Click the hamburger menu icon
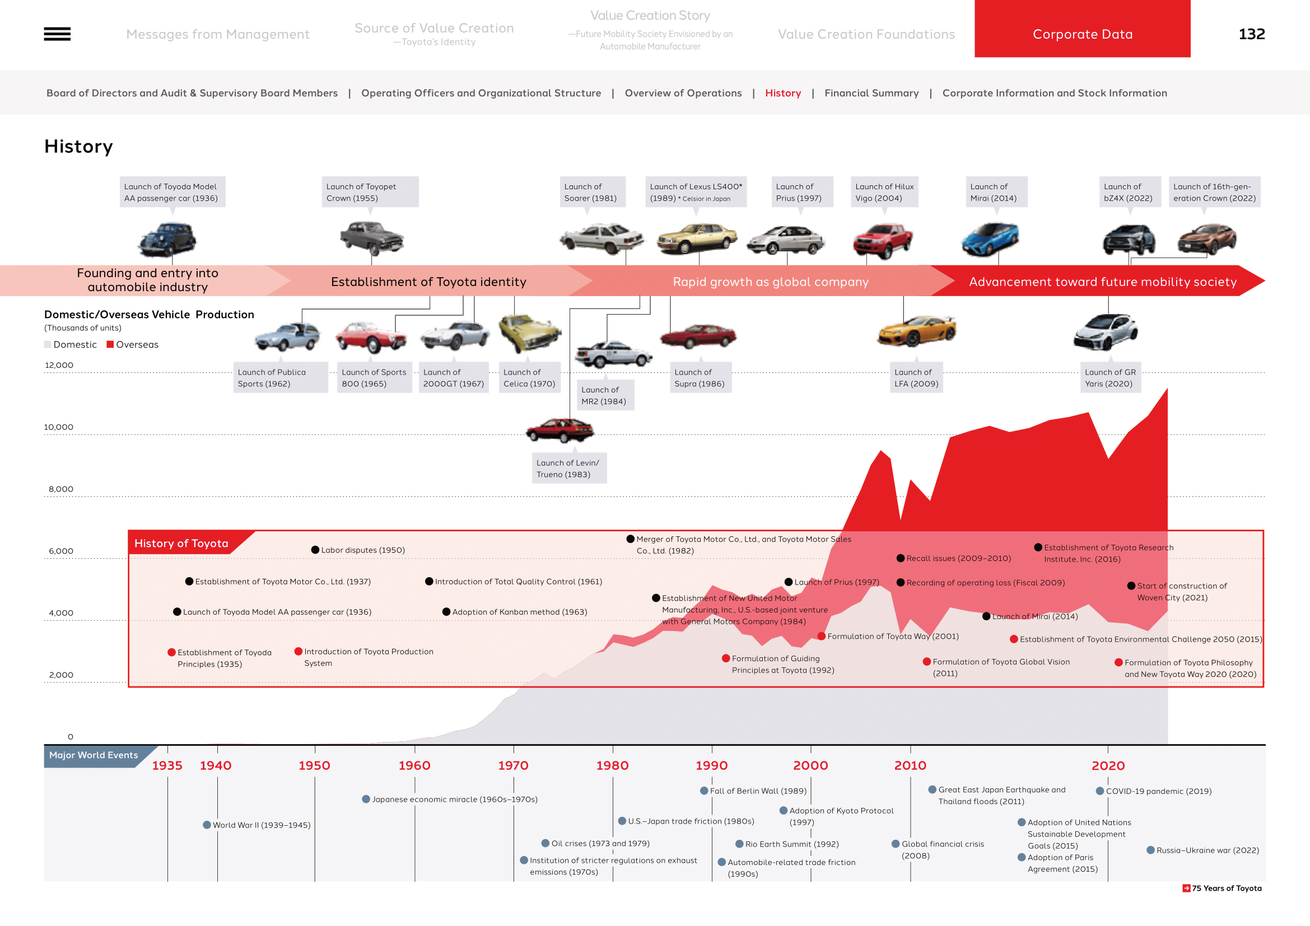tap(57, 34)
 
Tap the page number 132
tap(1251, 34)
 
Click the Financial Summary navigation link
tap(871, 93)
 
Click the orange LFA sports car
tap(916, 331)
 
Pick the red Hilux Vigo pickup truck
tap(883, 240)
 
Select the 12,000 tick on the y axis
tap(59, 366)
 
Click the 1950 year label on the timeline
tap(314, 766)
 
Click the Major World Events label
tap(94, 755)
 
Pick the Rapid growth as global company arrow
tap(770, 282)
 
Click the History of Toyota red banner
tap(181, 544)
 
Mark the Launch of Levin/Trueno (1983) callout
tap(568, 469)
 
